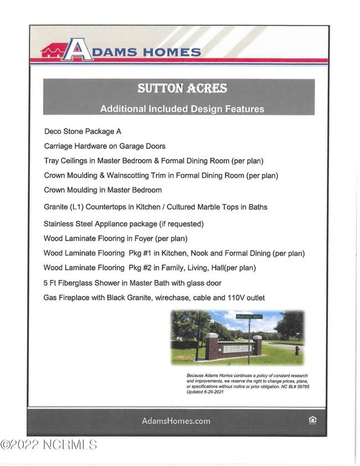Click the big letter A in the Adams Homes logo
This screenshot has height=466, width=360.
[78, 49]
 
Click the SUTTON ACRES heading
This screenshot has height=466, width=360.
[182, 89]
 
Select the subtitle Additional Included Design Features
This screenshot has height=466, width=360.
[182, 109]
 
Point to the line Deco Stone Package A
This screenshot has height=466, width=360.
[82, 132]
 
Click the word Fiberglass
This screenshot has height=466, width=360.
[74, 283]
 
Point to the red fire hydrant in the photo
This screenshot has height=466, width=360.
[297, 350]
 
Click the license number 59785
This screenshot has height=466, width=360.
[300, 386]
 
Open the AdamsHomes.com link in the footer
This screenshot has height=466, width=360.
[176, 421]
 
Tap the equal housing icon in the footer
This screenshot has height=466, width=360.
[312, 421]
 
